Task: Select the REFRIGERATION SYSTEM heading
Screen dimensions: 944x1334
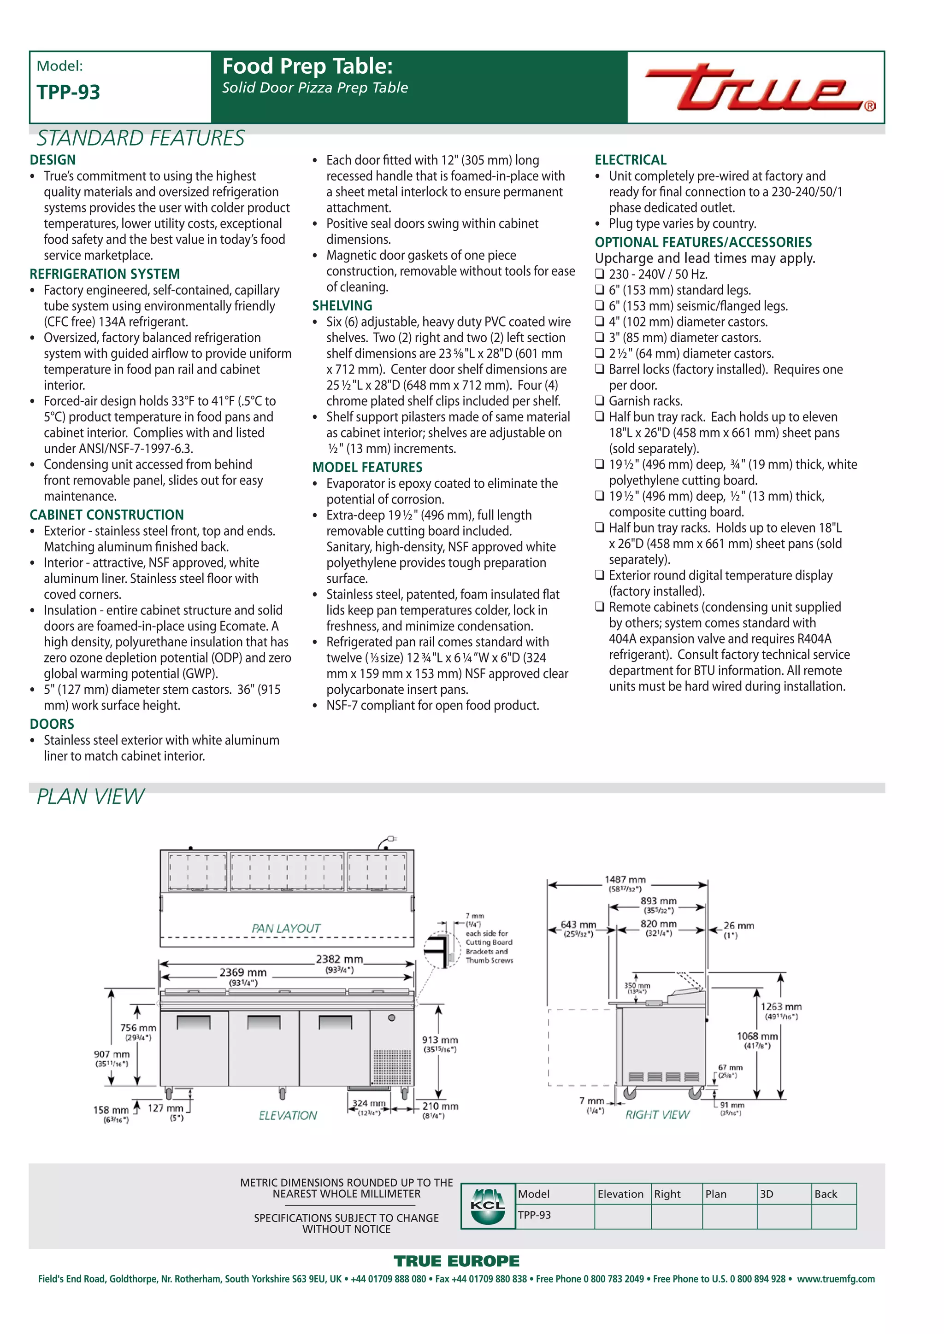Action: [105, 274]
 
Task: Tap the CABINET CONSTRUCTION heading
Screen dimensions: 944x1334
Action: [106, 515]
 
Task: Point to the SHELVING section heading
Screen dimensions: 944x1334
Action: [342, 305]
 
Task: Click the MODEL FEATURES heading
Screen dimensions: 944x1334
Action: [367, 467]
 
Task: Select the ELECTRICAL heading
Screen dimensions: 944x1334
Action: [631, 160]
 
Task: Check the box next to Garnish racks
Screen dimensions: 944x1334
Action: [600, 401]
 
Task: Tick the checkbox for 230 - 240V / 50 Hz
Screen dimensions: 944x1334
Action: [600, 274]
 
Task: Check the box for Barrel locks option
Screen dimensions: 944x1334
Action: [600, 369]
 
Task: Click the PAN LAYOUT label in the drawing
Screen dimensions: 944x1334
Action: [286, 929]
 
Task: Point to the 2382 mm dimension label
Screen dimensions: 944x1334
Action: [339, 959]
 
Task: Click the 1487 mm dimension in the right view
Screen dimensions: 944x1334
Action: [625, 880]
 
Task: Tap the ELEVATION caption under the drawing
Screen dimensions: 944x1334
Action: [288, 1116]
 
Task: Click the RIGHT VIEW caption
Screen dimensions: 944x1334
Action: [657, 1114]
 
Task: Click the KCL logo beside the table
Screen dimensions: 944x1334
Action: [488, 1206]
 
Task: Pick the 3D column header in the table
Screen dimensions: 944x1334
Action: [767, 1194]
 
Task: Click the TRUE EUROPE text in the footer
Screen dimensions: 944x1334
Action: [456, 1261]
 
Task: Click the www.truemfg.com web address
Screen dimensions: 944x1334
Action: [835, 1279]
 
